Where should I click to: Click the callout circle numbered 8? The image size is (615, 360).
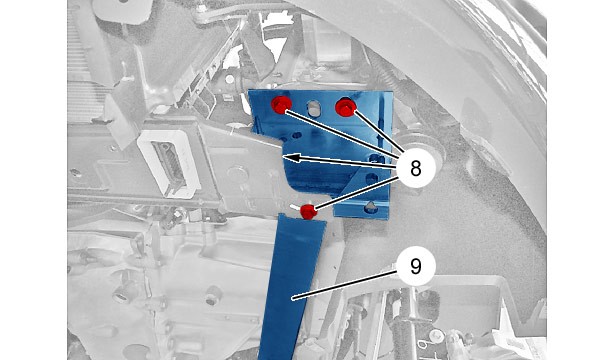tap(416, 169)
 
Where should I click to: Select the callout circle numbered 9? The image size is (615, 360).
tap(416, 267)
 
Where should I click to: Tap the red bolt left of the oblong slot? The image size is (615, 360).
tap(281, 105)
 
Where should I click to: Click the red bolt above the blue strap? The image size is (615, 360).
tap(309, 212)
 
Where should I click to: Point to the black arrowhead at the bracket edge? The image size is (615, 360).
tap(291, 158)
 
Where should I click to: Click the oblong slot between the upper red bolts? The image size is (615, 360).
tap(314, 109)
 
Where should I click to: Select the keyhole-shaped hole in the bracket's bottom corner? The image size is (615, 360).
tap(371, 208)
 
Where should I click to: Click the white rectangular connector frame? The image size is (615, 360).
tap(168, 162)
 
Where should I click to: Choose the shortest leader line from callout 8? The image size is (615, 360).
tap(378, 133)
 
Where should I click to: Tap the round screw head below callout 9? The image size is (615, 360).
tap(435, 336)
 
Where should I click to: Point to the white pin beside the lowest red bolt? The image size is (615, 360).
tap(295, 206)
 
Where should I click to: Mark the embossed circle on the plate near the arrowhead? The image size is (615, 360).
tap(237, 174)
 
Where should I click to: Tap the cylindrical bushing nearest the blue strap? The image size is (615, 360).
tap(213, 295)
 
